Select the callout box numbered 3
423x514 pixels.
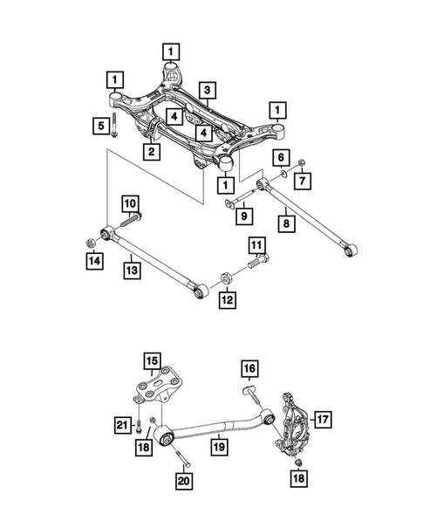click(x=207, y=90)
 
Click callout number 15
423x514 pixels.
click(x=152, y=360)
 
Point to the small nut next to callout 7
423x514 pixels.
click(x=299, y=161)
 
